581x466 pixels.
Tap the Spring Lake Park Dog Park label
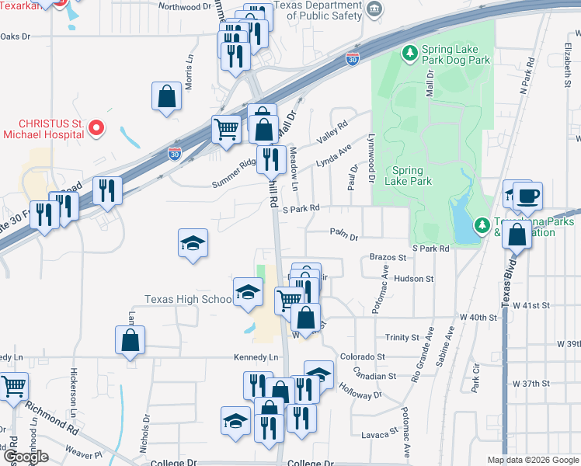click(x=455, y=54)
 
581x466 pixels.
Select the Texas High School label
click(x=188, y=299)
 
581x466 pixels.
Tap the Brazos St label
click(x=388, y=257)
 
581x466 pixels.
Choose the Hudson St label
click(x=414, y=278)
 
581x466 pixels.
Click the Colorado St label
click(x=363, y=357)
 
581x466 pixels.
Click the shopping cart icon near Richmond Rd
click(x=13, y=386)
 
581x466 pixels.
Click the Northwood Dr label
click(x=184, y=6)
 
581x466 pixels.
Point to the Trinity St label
click(x=402, y=337)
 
